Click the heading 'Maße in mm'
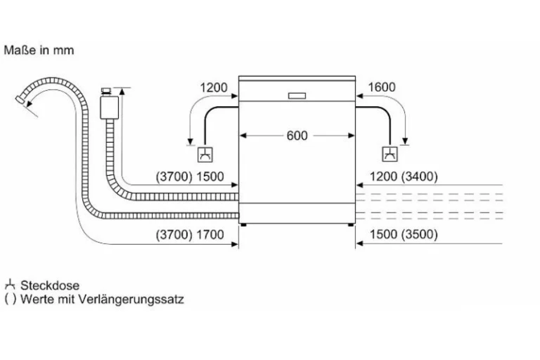[x=39, y=50]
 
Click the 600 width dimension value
[x=296, y=136]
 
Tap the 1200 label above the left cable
[x=214, y=88]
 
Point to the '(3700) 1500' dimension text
[x=189, y=177]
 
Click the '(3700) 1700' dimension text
[x=189, y=235]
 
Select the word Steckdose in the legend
[x=50, y=286]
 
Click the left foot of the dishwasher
[x=243, y=226]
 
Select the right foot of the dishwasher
[x=350, y=226]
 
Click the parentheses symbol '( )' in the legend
[x=10, y=299]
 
